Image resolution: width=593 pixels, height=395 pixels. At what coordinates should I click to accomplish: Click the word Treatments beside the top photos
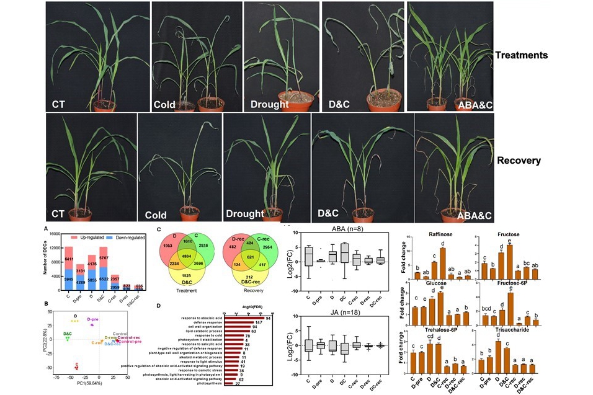pyautogui.click(x=521, y=55)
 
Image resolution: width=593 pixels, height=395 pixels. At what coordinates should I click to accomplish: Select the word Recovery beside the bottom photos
pyautogui.click(x=519, y=161)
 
